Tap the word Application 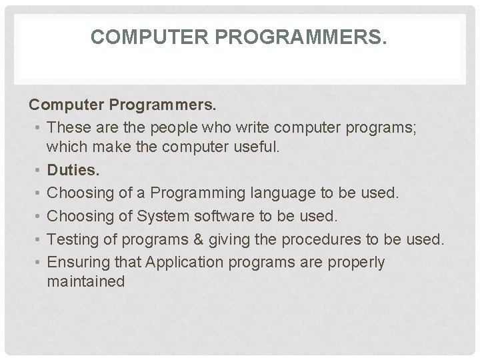point(177,262)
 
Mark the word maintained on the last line point(86,282)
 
